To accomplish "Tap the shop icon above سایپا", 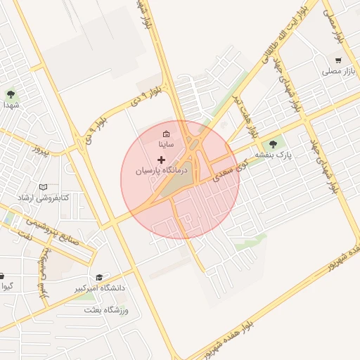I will click(x=166, y=134).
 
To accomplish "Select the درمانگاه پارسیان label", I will click(x=162, y=171).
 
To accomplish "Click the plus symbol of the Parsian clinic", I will click(x=162, y=160).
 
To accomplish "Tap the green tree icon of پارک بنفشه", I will click(x=274, y=144).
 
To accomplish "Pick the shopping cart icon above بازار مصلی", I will click(x=338, y=60).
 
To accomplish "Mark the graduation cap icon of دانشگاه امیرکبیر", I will click(x=99, y=278).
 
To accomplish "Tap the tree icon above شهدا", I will click(x=10, y=93).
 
